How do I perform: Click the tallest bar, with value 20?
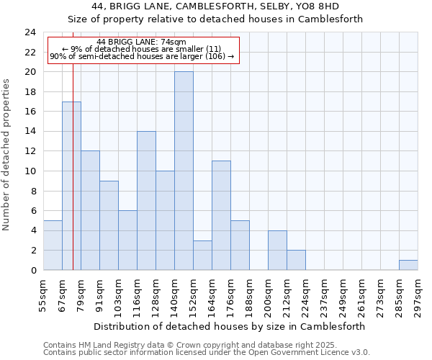(x=184, y=171)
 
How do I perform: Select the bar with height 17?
(x=71, y=186)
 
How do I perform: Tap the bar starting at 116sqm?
(x=146, y=200)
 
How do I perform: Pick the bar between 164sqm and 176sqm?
(x=221, y=215)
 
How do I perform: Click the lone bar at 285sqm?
(x=408, y=265)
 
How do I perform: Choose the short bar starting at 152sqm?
(x=202, y=255)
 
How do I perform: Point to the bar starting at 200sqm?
(x=277, y=250)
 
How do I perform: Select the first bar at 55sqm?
(x=53, y=245)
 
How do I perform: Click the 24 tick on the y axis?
(x=30, y=32)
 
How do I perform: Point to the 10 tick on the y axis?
(x=30, y=171)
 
